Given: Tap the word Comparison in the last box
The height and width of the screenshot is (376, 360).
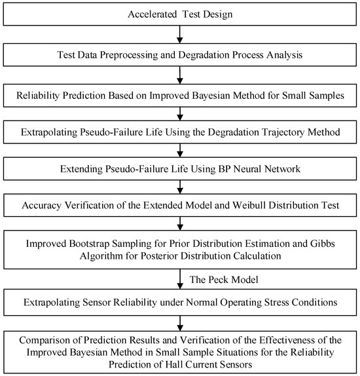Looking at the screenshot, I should [x=51, y=341].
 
